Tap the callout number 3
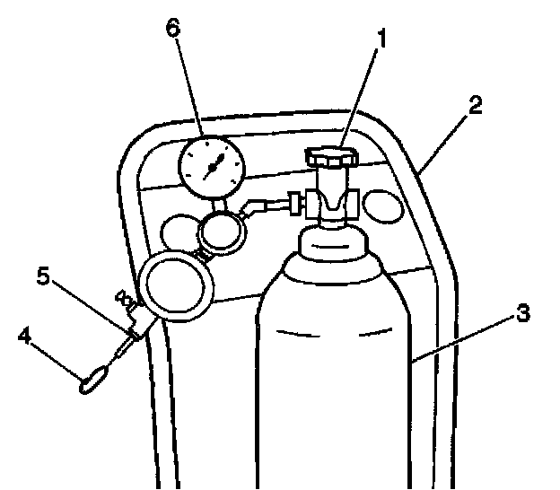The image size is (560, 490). pyautogui.click(x=521, y=314)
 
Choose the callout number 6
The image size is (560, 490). pyautogui.click(x=173, y=28)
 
